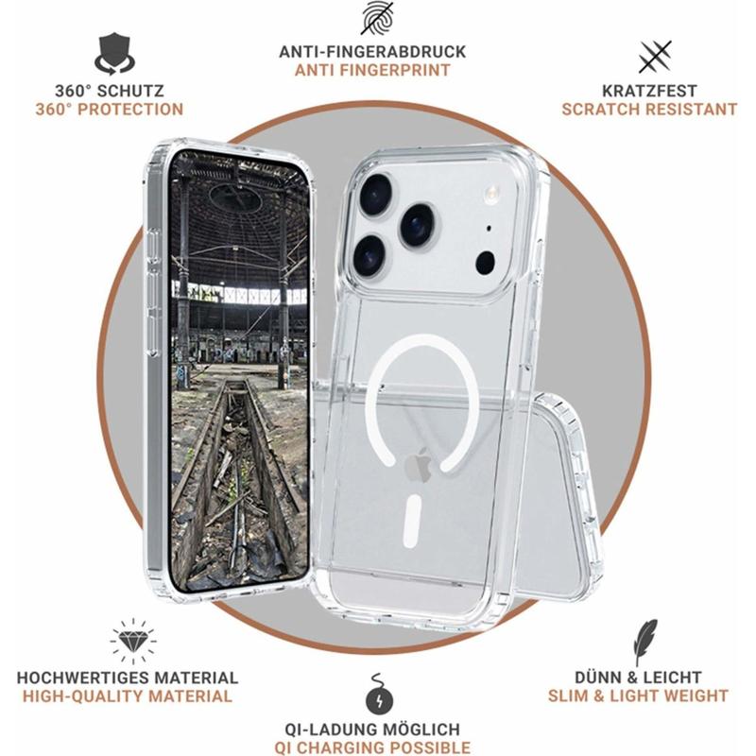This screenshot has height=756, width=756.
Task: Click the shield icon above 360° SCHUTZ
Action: pyautogui.click(x=114, y=54)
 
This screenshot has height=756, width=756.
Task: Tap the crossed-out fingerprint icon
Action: pyautogui.click(x=377, y=18)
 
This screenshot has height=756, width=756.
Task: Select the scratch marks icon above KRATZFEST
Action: pyautogui.click(x=655, y=57)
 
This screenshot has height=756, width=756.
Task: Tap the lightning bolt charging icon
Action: pyautogui.click(x=379, y=695)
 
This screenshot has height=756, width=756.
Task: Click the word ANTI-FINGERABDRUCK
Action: pyautogui.click(x=372, y=52)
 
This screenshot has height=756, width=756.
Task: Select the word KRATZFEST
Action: pyautogui.click(x=649, y=91)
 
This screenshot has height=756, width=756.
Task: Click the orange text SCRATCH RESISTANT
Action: pyautogui.click(x=649, y=110)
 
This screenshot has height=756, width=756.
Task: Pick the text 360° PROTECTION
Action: pyautogui.click(x=110, y=110)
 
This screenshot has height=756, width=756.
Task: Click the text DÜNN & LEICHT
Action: pyautogui.click(x=638, y=678)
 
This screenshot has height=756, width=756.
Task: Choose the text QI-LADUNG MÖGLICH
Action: pyautogui.click(x=372, y=729)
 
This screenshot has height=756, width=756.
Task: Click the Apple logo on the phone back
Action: pyautogui.click(x=418, y=465)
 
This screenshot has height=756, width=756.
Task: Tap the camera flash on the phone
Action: pyautogui.click(x=492, y=193)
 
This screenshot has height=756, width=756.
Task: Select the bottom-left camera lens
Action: pyautogui.click(x=369, y=255)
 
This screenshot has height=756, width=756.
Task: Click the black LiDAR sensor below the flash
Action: pyautogui.click(x=485, y=264)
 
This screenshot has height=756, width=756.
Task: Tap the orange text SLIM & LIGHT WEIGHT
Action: pyautogui.click(x=638, y=696)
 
